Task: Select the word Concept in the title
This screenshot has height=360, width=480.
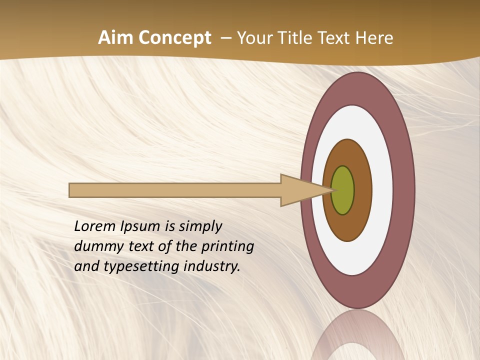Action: pyautogui.click(x=175, y=38)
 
